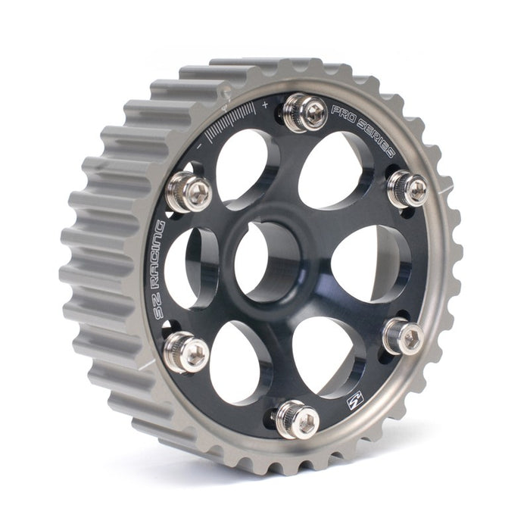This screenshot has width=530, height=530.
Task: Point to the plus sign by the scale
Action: pyautogui.click(x=264, y=103)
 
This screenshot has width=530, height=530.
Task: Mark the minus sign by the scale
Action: pyautogui.click(x=198, y=141)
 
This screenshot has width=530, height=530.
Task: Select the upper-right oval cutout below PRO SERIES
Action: pyautogui.click(x=333, y=170)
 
